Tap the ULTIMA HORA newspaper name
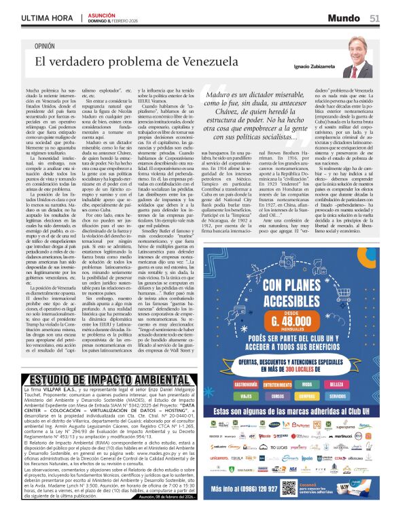[x=46, y=18]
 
